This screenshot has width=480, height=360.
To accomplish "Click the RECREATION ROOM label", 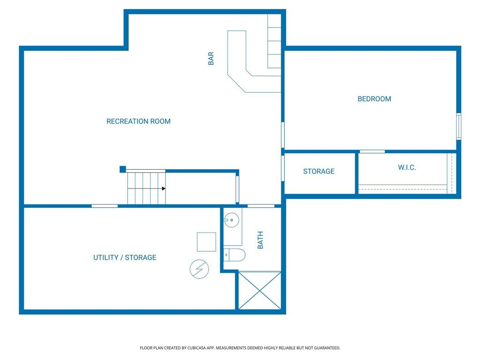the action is click(x=138, y=121).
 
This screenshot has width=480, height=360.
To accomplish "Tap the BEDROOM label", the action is click(x=374, y=99).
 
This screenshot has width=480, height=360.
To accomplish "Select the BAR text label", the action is click(x=211, y=59).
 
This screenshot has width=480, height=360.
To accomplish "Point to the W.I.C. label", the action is click(x=407, y=167).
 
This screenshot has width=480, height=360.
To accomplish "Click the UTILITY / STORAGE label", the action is click(x=125, y=257).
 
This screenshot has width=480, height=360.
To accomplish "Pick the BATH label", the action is click(x=260, y=240).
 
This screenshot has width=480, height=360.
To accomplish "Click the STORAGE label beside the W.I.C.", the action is click(x=319, y=172).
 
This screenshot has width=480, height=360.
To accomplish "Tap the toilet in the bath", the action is click(x=234, y=255).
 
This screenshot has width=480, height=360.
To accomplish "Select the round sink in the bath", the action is click(x=232, y=220).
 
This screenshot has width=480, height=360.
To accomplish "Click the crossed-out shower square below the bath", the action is click(x=260, y=290).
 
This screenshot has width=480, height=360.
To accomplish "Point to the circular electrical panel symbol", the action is click(x=199, y=269).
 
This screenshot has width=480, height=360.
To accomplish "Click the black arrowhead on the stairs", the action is click(x=164, y=188).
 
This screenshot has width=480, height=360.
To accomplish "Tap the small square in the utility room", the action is click(x=206, y=242).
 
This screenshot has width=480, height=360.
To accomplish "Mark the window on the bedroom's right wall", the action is click(x=458, y=127).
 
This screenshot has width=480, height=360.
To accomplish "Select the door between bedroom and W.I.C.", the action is click(x=372, y=151).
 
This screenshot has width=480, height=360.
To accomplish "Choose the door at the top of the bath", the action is click(x=261, y=206).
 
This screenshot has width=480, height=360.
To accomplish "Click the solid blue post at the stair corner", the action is click(x=123, y=169).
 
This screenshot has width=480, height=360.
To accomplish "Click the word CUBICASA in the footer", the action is click(x=196, y=348).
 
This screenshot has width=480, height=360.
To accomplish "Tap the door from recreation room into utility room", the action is click(x=105, y=206).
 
